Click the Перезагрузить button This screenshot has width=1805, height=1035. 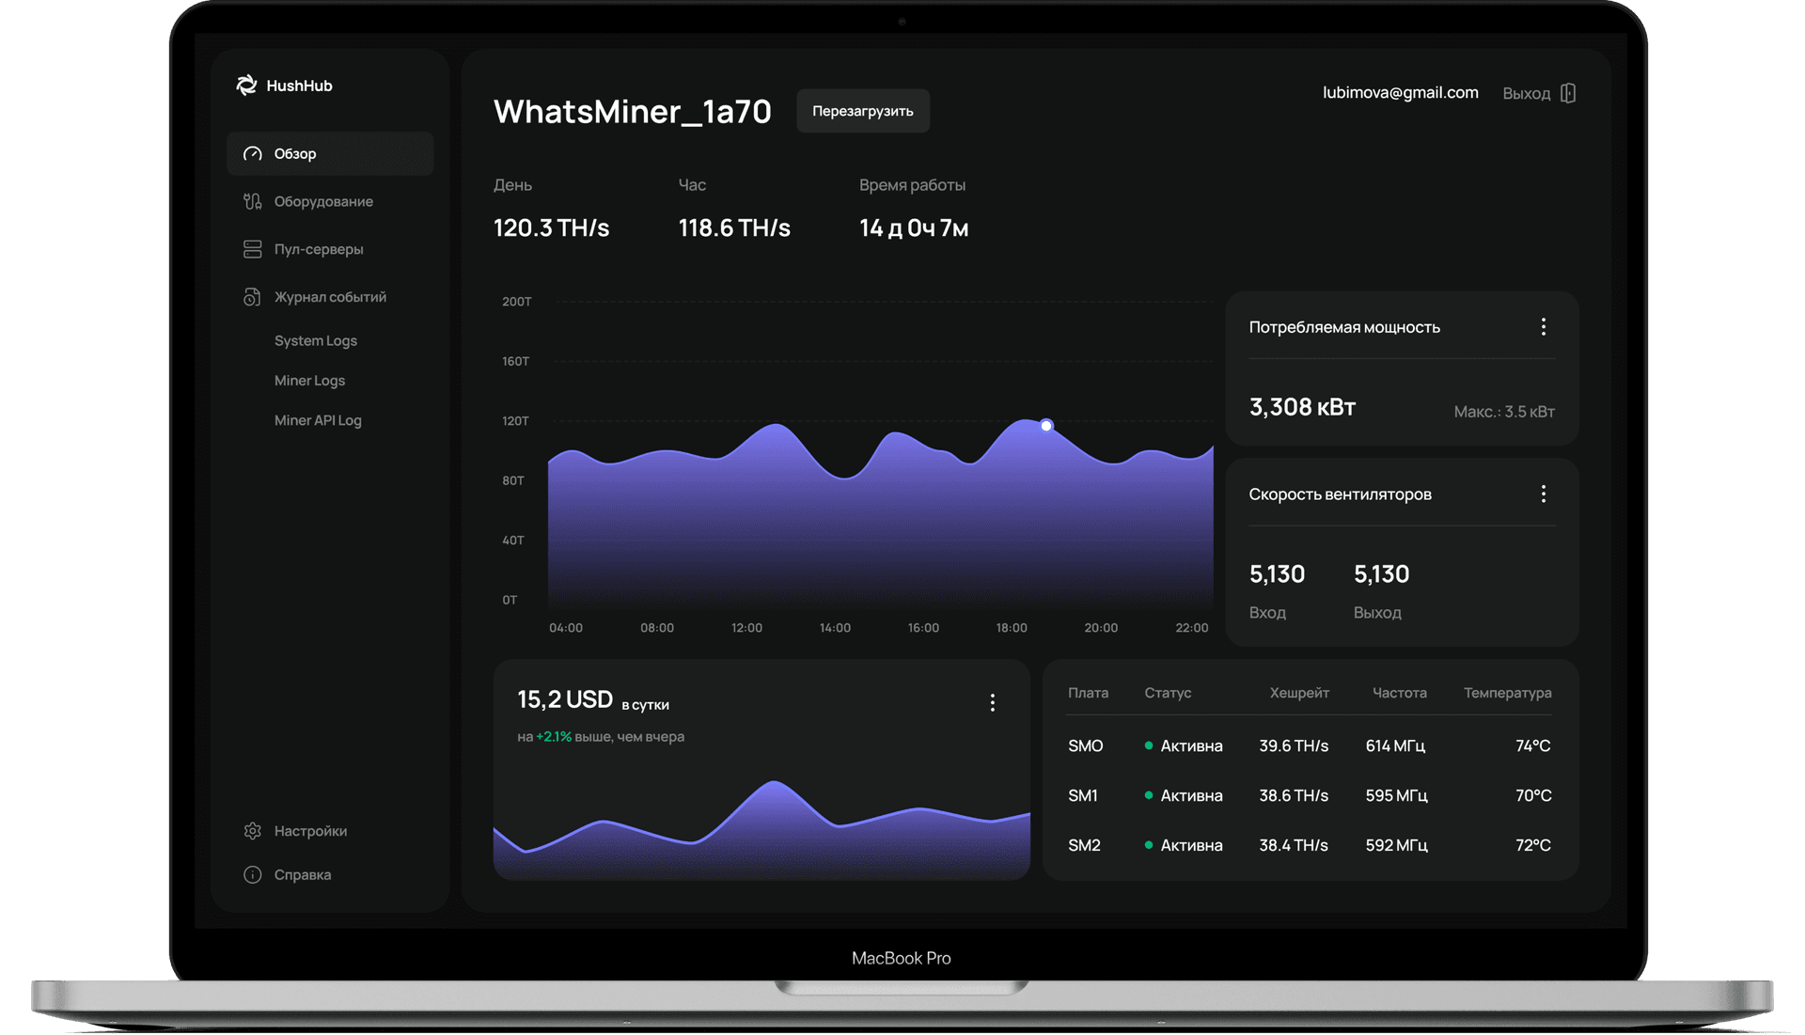pos(862,111)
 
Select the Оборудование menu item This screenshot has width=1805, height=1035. pos(322,201)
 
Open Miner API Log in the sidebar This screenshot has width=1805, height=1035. pos(318,420)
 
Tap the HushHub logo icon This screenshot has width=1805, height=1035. pos(246,86)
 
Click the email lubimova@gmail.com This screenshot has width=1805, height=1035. pos(1400,92)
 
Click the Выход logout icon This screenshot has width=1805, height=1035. pos(1567,93)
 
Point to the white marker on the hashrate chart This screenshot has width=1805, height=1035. pos(1046,426)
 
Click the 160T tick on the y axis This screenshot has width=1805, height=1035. pos(515,361)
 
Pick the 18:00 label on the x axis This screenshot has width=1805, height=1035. pos(1012,628)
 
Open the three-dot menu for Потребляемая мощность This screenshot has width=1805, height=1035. pos(1543,327)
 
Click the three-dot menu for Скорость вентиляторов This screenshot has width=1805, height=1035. pos(1543,494)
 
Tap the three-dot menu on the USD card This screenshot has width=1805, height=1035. pos(992,703)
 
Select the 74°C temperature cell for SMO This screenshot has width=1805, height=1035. pos(1532,745)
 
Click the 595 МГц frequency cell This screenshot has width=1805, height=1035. pos(1396,795)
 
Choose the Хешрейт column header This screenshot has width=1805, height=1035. pos(1299,693)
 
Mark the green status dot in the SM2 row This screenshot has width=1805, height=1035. pos(1149,845)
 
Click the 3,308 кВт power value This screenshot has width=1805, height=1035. pos(1302,407)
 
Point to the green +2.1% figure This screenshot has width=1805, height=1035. pos(554,737)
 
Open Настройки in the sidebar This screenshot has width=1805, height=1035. pos(310,831)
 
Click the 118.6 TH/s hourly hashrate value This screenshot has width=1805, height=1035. pos(734,228)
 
